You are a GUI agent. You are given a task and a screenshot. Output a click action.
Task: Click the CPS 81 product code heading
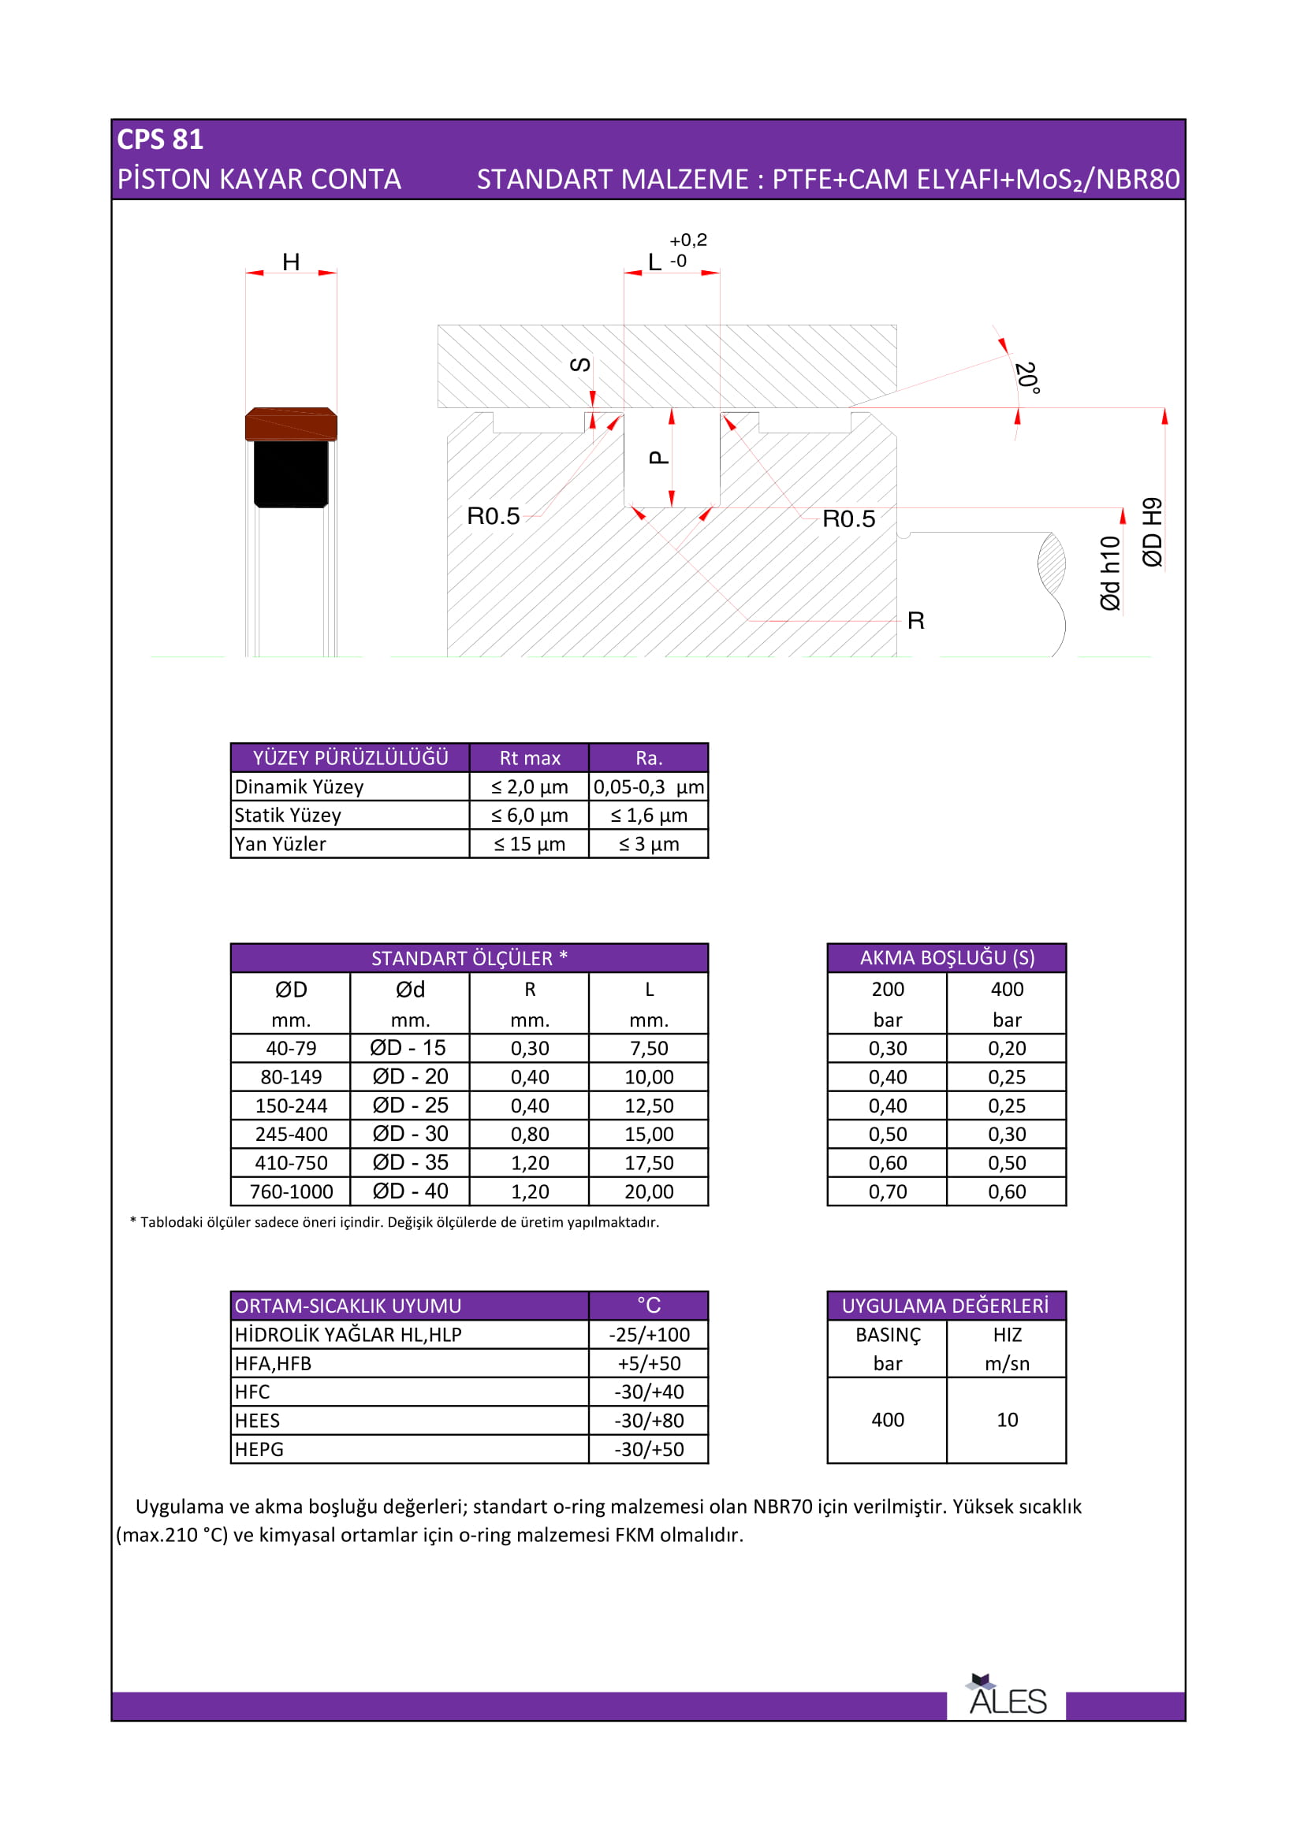[160, 139]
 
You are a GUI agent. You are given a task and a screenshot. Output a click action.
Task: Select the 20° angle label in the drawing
[1027, 377]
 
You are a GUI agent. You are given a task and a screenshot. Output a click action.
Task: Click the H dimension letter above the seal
[291, 262]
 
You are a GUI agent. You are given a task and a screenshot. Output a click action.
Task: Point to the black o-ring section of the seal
[291, 474]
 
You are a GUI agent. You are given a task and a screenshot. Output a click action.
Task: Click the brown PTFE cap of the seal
[291, 424]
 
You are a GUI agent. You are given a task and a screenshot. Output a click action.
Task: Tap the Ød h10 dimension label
[1110, 573]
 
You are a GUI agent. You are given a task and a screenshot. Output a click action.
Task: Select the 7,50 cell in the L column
[649, 1048]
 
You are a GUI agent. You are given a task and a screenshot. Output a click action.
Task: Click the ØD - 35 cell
[409, 1162]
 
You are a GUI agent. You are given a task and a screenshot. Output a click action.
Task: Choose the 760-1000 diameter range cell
[291, 1191]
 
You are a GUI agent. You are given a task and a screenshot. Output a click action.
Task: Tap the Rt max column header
[529, 758]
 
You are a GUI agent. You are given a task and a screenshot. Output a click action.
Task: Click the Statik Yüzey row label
[288, 816]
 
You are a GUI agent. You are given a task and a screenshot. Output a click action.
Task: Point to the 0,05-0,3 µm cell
[649, 786]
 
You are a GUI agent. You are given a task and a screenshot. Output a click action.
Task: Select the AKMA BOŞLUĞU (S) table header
[947, 957]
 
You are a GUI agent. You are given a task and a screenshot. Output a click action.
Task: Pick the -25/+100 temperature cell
[649, 1335]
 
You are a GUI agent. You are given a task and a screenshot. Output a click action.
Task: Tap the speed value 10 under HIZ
[1007, 1420]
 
